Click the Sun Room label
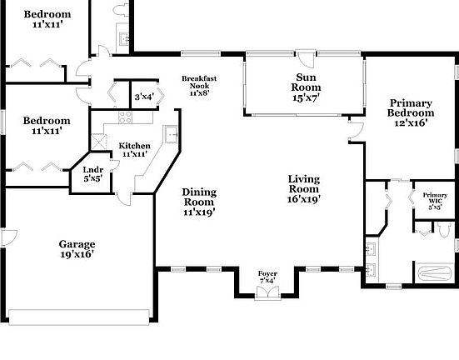click(305, 82)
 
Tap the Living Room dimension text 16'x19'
click(304, 199)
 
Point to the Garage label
click(76, 244)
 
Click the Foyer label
click(267, 273)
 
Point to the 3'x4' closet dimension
click(144, 97)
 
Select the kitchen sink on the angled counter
click(172, 133)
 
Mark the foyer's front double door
click(267, 291)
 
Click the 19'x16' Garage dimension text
click(76, 254)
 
